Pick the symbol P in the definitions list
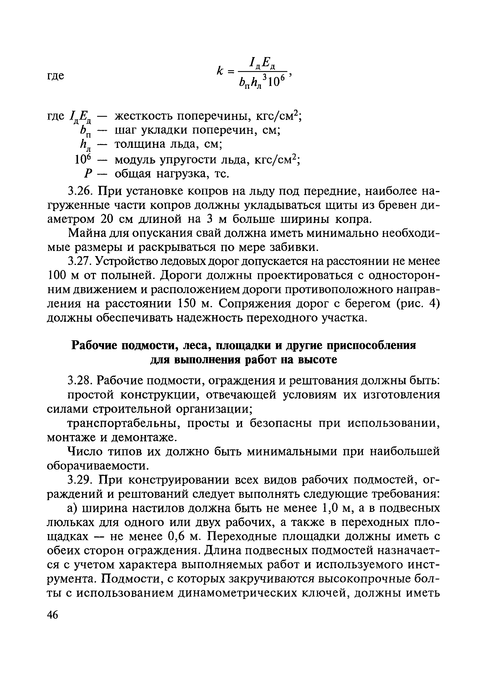[x=87, y=174]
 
